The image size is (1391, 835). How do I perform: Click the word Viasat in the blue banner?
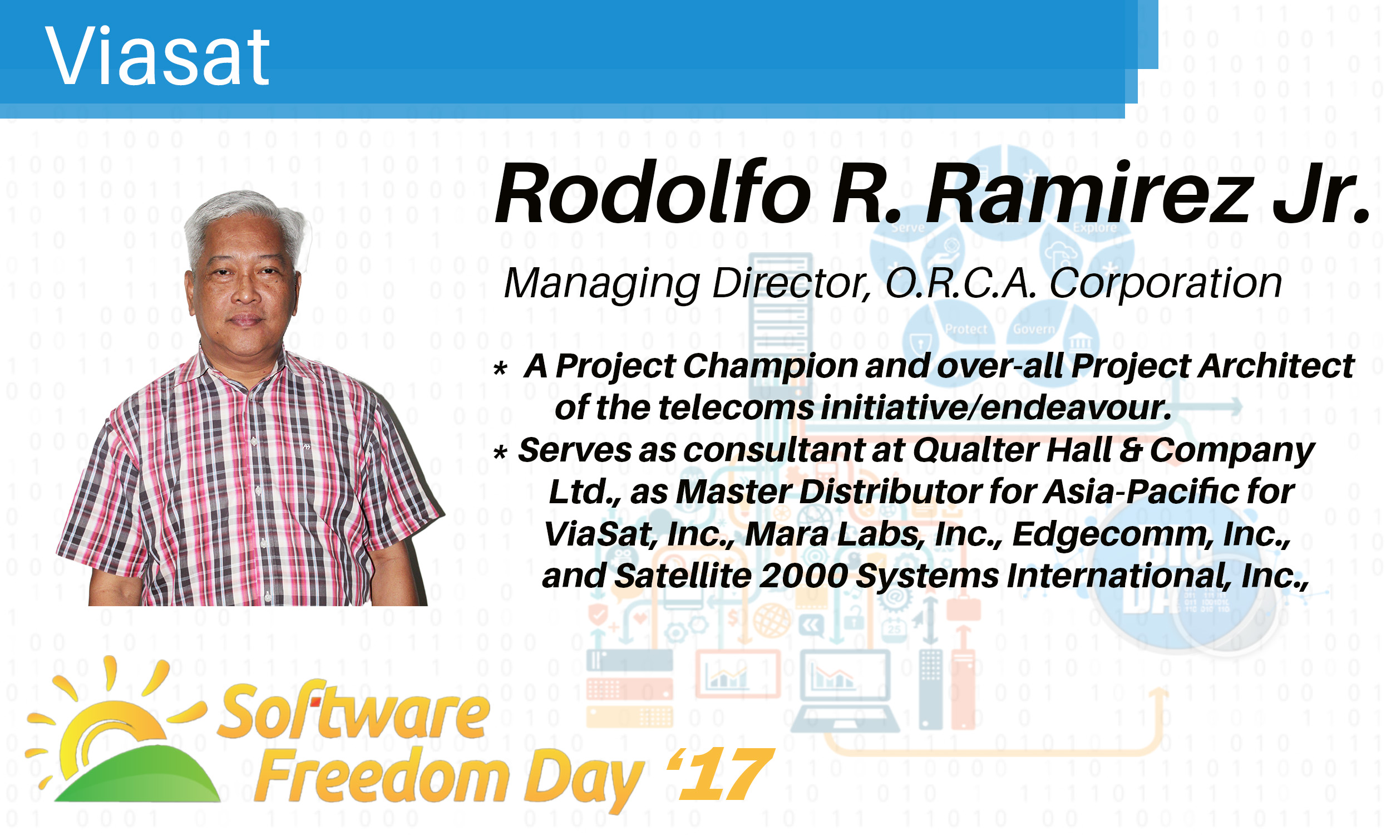(157, 56)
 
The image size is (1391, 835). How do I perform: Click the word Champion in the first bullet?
(770, 367)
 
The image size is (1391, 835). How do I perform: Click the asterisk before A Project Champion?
(500, 369)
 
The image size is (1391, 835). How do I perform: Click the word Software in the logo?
(353, 711)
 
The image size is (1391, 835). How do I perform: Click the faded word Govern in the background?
(1033, 328)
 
